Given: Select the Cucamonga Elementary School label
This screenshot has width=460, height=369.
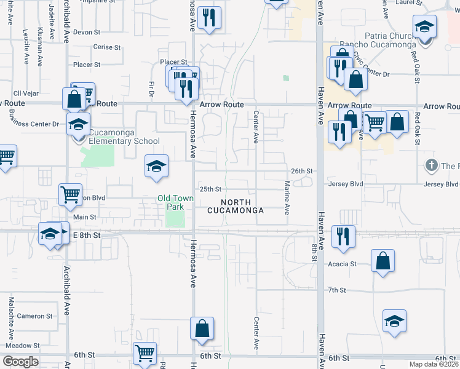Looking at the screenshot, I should [119, 137].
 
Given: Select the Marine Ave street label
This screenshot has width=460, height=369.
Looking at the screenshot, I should [287, 197].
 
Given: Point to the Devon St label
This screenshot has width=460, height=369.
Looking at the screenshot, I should [86, 32].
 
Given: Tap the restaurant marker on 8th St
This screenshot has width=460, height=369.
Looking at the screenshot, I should [343, 236].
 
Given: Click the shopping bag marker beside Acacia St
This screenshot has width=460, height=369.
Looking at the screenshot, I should [383, 260].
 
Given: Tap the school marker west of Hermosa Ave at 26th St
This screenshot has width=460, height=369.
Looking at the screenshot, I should [156, 165].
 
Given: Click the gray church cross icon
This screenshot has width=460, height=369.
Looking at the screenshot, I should [430, 165].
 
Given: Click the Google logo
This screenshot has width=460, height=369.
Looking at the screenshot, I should [20, 361].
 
